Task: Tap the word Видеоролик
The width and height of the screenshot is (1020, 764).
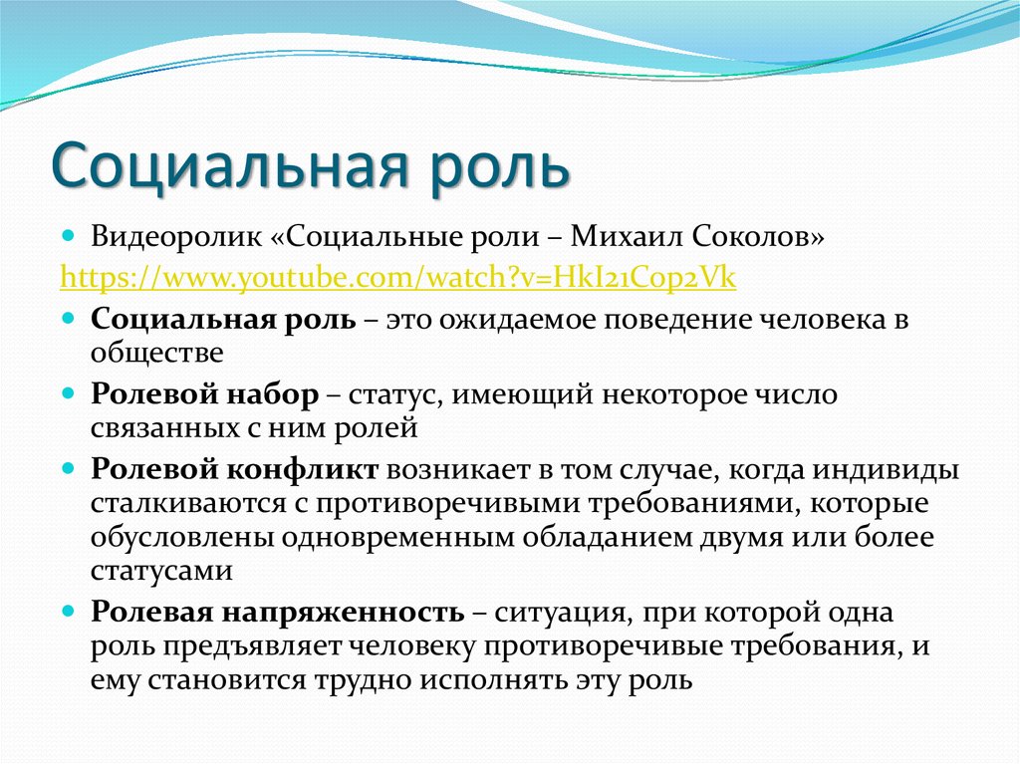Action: tap(175, 236)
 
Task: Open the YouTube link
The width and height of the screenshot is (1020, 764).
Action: tap(397, 277)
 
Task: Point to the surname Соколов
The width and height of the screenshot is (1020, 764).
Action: tap(757, 236)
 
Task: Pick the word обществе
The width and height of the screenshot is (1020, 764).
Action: tap(156, 352)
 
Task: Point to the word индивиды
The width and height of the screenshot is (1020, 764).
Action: tap(886, 470)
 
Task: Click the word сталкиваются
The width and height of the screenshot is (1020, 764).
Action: tap(188, 504)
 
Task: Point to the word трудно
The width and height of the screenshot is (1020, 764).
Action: tap(362, 681)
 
